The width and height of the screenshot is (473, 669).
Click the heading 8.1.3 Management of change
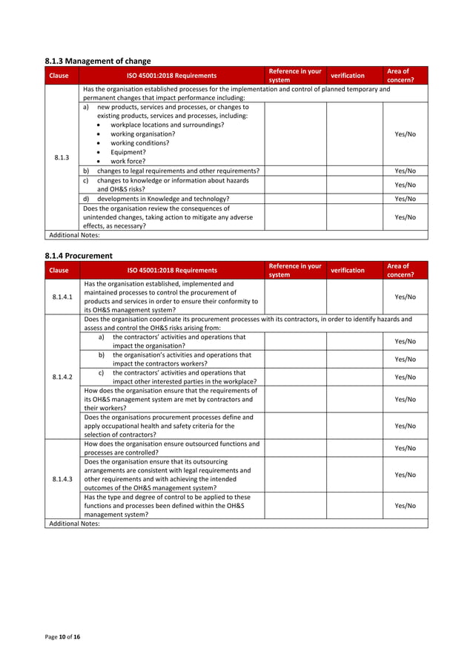(x=99, y=61)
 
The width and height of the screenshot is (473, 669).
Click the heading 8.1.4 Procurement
(x=79, y=256)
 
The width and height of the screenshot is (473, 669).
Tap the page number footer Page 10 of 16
(x=62, y=647)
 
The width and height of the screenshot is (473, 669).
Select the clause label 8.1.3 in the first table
(x=62, y=157)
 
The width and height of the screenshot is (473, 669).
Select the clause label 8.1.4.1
(x=62, y=297)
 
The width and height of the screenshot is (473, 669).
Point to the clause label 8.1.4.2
(x=62, y=377)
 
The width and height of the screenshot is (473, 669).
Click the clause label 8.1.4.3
(x=62, y=478)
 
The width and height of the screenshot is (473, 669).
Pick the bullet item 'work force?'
(x=128, y=161)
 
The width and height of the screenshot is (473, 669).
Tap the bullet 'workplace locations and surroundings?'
(x=167, y=125)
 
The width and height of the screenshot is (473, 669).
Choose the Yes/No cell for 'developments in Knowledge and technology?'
(x=405, y=199)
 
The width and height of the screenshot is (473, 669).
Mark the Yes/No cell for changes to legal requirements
(x=405, y=171)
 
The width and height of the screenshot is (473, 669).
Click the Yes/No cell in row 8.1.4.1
(x=405, y=297)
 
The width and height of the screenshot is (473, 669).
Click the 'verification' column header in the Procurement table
(x=347, y=270)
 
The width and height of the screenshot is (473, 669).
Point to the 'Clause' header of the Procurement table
(x=59, y=270)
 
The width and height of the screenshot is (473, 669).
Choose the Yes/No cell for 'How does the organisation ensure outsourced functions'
(x=405, y=448)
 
